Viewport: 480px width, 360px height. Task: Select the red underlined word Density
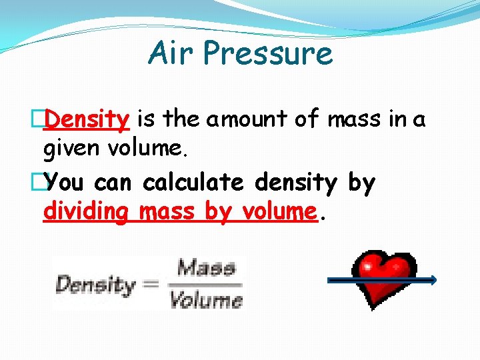pos(87,119)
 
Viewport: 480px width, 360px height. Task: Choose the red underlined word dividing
pos(85,212)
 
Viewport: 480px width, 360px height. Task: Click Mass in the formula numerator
pos(205,268)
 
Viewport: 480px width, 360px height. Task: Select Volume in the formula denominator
pos(205,300)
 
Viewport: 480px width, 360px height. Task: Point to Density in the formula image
pos(95,285)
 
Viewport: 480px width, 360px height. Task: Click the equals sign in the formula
pos(151,285)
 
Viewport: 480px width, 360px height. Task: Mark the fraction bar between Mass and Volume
pos(205,284)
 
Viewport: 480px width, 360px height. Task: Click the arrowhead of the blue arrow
pos(433,280)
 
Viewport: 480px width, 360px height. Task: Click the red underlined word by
pos(217,212)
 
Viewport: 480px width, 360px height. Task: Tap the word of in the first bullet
pos(307,120)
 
